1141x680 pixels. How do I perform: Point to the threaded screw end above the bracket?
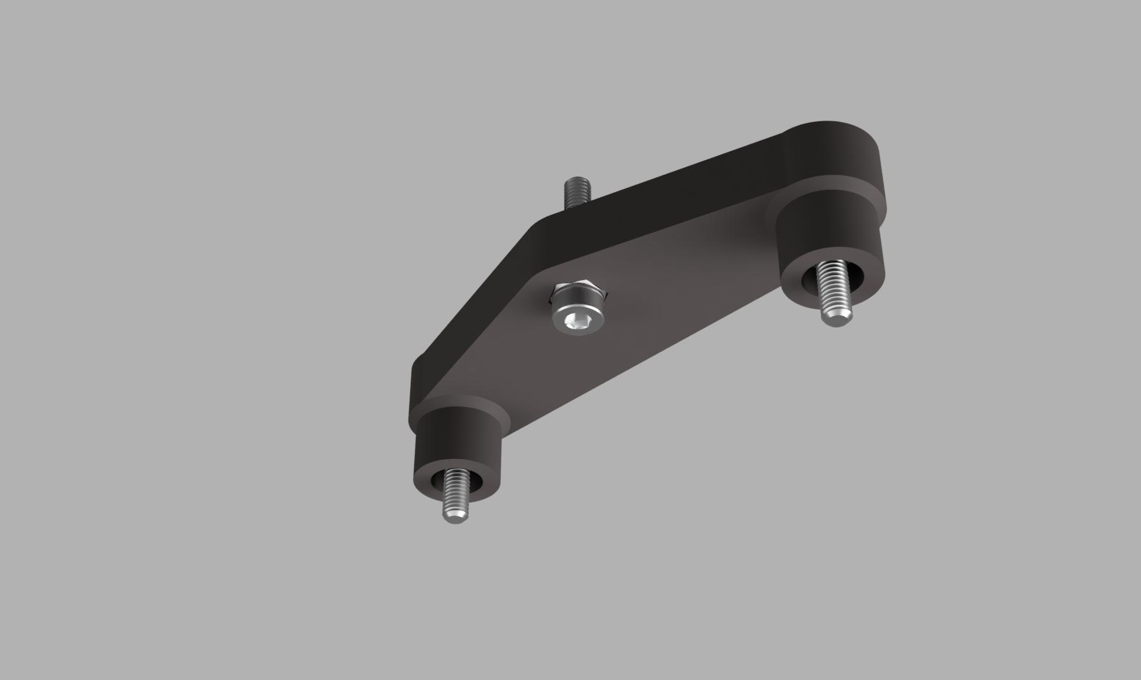pos(577,193)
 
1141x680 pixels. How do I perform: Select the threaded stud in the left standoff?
pos(454,491)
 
